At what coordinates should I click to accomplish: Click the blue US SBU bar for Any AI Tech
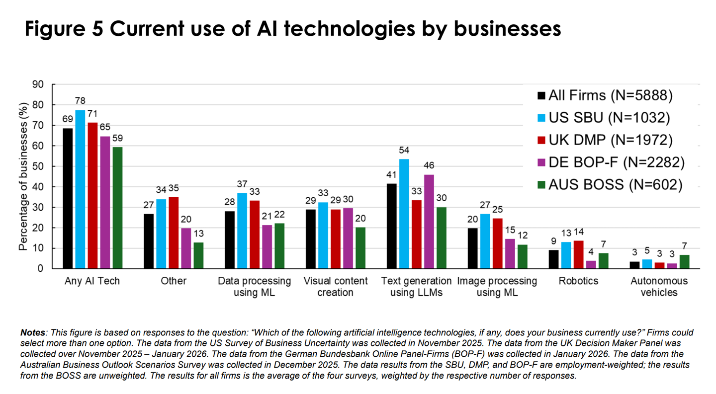[x=80, y=189]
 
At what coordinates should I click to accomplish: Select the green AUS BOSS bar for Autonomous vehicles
[x=685, y=262]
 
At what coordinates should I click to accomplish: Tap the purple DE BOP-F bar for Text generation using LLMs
[x=429, y=222]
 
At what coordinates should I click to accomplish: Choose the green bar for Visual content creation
[x=360, y=248]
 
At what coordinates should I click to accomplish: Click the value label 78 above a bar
[x=80, y=101]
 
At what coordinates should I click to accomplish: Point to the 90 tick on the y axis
[x=38, y=85]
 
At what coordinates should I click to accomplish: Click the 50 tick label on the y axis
[x=38, y=166]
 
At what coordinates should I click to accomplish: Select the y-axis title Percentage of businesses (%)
[x=23, y=177]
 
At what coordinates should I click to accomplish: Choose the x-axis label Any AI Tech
[x=92, y=281]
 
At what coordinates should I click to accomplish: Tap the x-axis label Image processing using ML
[x=497, y=287]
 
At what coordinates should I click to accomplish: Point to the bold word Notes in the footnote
[x=32, y=332]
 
